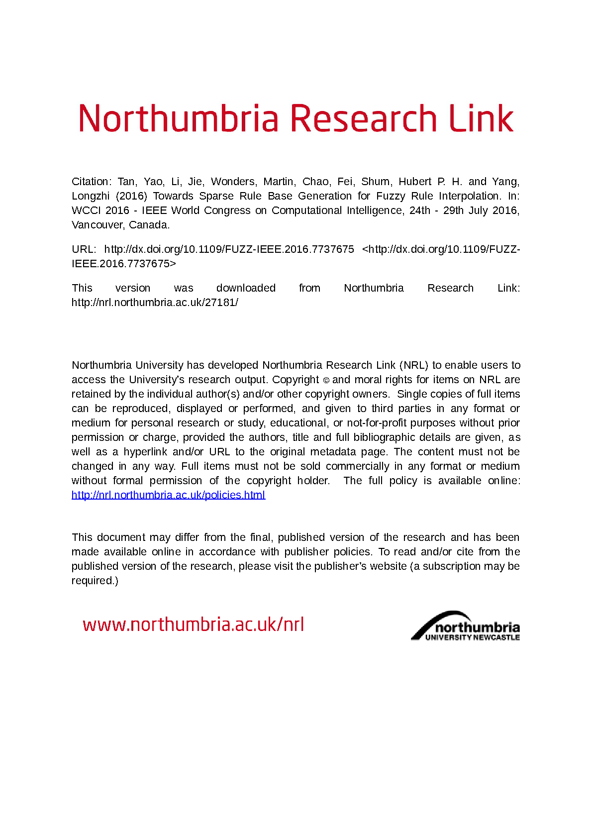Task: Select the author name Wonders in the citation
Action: pos(233,182)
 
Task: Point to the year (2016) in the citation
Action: pos(131,196)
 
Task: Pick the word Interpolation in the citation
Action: pos(469,196)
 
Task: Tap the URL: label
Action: pos(84,249)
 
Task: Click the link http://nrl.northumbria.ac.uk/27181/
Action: pos(155,303)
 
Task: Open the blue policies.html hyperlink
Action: pos(168,495)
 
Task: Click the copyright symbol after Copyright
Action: pos(326,380)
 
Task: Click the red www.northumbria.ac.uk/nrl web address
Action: pos(193,625)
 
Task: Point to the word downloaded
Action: pos(246,288)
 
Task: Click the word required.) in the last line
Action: pos(95,581)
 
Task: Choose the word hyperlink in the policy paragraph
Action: pos(145,452)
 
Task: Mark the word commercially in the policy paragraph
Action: pos(357,466)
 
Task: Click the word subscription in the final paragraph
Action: pos(452,566)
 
